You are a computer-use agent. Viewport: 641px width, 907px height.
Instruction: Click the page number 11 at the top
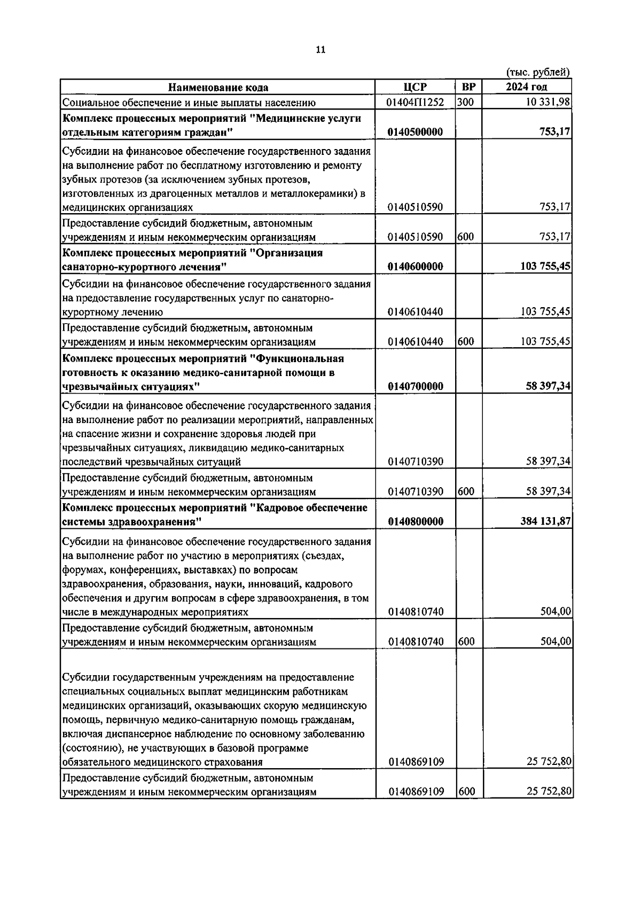[x=320, y=50]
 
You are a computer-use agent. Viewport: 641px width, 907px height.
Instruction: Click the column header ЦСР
[x=415, y=87]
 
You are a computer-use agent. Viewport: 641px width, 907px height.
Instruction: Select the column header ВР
[x=468, y=87]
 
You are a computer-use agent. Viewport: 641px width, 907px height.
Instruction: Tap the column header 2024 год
[x=526, y=87]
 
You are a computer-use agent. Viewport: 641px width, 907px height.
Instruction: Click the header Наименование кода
[x=218, y=88]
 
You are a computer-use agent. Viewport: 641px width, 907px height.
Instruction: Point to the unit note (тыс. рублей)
[x=537, y=72]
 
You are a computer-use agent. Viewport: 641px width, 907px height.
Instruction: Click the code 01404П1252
[x=415, y=103]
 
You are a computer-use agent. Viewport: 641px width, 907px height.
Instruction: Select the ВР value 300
[x=466, y=103]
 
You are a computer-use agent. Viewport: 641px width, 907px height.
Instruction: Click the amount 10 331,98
[x=548, y=103]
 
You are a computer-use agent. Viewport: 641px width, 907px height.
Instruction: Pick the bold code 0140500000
[x=415, y=132]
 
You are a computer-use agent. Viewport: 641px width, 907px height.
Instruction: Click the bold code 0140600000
[x=415, y=267]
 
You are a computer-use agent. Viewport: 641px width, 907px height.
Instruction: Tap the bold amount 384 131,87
[x=545, y=521]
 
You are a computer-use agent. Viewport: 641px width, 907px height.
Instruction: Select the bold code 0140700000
[x=415, y=386]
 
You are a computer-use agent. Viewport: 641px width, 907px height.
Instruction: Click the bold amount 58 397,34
[x=548, y=386]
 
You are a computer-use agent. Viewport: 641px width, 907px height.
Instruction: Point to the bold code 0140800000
[x=415, y=521]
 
